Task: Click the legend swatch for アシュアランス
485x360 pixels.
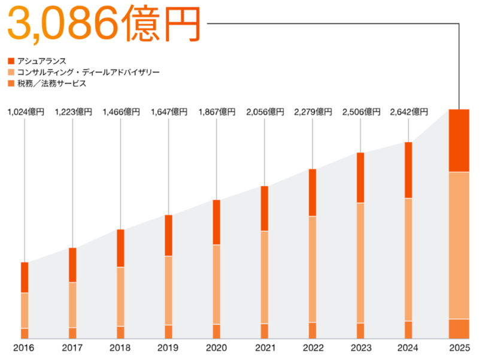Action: [x=11, y=61]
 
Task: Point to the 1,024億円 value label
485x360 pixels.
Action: [x=25, y=112]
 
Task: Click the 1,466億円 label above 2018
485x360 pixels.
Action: [x=121, y=112]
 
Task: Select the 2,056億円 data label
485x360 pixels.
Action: [x=265, y=112]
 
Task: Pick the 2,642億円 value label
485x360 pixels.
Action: [x=408, y=112]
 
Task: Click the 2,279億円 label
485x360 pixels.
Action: [x=313, y=112]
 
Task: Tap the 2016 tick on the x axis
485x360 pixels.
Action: [x=25, y=348]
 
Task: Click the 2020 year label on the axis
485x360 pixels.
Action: [x=216, y=348]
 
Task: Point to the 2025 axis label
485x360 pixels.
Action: [x=459, y=348]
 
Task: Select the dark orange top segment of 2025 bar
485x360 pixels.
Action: [x=459, y=141]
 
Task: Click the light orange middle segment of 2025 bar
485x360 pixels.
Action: [x=459, y=246]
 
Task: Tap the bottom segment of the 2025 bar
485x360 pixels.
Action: [x=459, y=329]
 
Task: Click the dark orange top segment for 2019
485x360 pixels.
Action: [x=168, y=235]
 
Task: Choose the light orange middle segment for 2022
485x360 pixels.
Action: [x=312, y=270]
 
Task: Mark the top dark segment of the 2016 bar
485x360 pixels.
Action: [x=25, y=277]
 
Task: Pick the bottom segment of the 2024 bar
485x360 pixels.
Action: [x=408, y=330]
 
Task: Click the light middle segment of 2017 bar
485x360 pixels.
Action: [x=72, y=305]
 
